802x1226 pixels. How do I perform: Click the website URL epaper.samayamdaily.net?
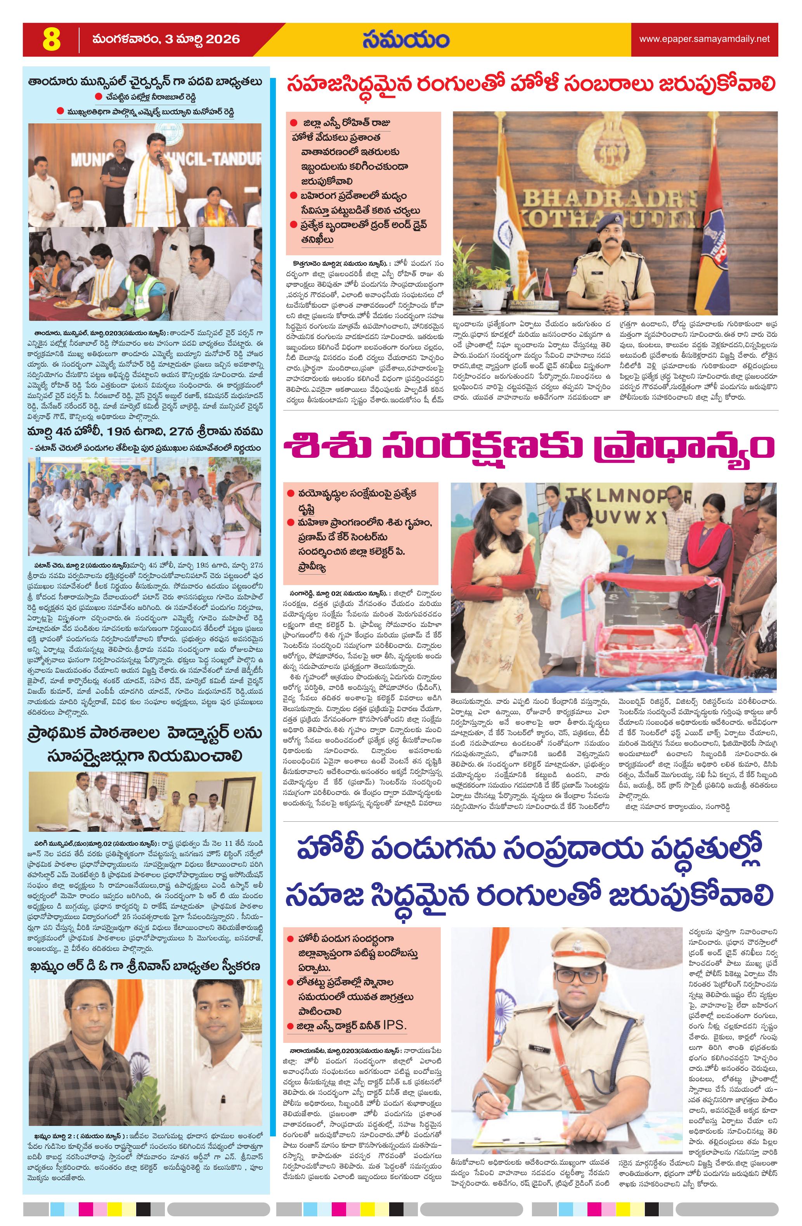(x=704, y=39)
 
